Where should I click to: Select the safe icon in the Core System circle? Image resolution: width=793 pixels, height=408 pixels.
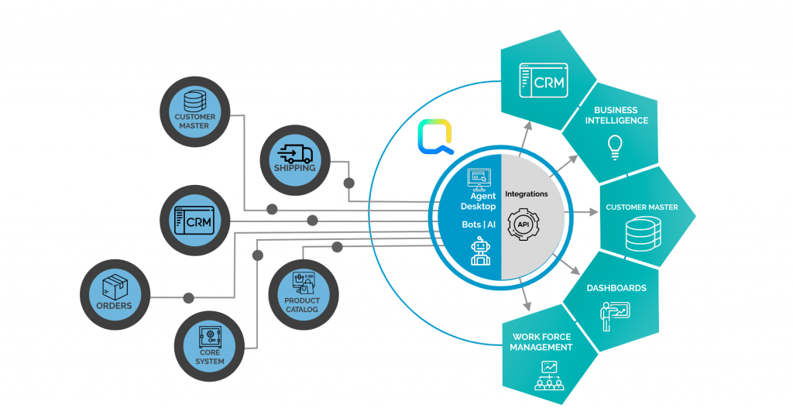210,337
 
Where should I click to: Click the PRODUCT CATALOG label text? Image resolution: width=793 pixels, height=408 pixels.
301,305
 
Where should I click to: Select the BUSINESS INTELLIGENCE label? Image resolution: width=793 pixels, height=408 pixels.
616,115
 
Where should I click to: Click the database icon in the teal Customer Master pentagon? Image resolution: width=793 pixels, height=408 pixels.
641,233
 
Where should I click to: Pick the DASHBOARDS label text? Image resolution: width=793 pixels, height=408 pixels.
616,288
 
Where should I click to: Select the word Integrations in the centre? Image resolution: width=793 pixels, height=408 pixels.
526,194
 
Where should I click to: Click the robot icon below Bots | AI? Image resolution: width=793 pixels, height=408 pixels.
481,252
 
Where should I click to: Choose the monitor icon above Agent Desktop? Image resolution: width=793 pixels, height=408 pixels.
479,180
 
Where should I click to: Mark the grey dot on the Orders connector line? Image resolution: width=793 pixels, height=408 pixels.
187,297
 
